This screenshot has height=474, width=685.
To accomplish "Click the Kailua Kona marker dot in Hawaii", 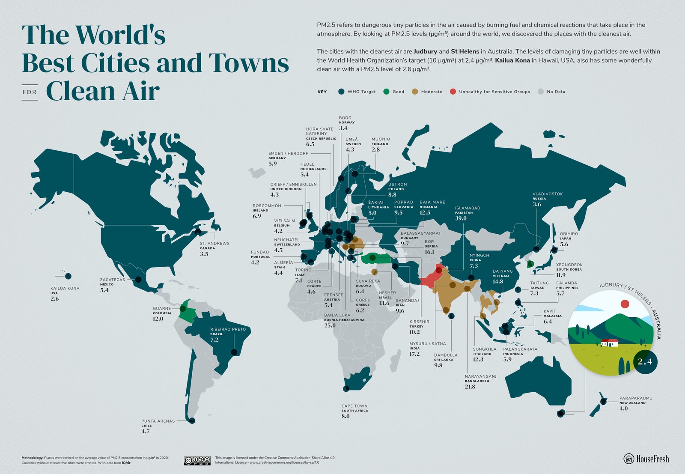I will pos(68,276).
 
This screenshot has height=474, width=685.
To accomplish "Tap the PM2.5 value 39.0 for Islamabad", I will pos(461,218).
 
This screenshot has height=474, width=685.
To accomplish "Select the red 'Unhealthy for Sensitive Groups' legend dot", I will pos(453,92).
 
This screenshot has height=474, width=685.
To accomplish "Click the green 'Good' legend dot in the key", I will pos(386,92).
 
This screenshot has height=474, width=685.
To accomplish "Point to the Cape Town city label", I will pos(354,406).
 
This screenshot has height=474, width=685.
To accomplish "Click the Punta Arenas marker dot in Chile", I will pos(192,421).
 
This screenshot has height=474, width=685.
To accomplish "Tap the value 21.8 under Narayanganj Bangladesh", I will pos(470,387).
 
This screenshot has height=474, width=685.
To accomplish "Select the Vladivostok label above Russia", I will pos(548,194).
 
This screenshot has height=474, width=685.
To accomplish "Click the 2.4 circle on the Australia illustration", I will pos(645,361).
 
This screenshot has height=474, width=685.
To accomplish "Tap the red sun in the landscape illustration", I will pos(625,304).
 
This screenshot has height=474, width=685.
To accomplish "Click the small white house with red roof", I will pos(609,343).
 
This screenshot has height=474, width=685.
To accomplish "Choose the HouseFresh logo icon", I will pos(628,459).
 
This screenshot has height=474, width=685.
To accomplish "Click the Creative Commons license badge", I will pos(197,460).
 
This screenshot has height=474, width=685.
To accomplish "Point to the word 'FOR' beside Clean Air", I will pos(30,92).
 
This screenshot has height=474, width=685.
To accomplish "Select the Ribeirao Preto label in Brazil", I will pos(228,329).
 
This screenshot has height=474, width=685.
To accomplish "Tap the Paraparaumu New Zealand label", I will pos(636,398).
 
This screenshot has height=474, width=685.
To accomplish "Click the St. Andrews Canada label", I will pos(214,243).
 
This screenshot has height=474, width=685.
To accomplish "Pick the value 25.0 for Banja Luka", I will pos(330,325).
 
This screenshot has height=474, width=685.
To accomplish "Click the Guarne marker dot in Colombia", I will pos(183,308).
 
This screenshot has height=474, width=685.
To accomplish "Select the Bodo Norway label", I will pos(345,118).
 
